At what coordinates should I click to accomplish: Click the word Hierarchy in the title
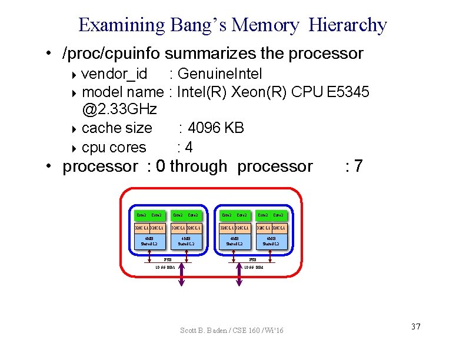[x=347, y=25]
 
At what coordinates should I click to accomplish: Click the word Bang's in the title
[x=199, y=25]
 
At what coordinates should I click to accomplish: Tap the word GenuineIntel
[x=219, y=74]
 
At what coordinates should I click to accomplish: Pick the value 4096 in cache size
[x=205, y=128]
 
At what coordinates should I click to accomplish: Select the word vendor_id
[x=114, y=74]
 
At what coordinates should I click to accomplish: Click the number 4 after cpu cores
[x=189, y=147]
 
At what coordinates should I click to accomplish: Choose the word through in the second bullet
[x=198, y=166]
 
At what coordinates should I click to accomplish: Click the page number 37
[x=415, y=326]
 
